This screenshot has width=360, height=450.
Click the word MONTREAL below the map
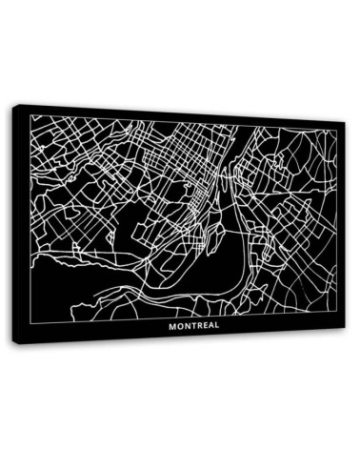192,325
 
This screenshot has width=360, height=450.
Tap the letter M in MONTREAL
170,325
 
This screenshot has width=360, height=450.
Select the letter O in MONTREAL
177,325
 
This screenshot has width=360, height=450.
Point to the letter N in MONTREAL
184,325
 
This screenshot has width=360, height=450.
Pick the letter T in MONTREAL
190,325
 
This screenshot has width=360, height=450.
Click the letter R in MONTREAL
196,325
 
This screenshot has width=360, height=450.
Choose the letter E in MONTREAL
203,325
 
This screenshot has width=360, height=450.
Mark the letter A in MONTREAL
209,325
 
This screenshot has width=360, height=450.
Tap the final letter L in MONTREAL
215,325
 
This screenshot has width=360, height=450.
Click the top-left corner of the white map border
31,115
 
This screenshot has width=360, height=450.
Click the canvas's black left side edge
15,224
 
